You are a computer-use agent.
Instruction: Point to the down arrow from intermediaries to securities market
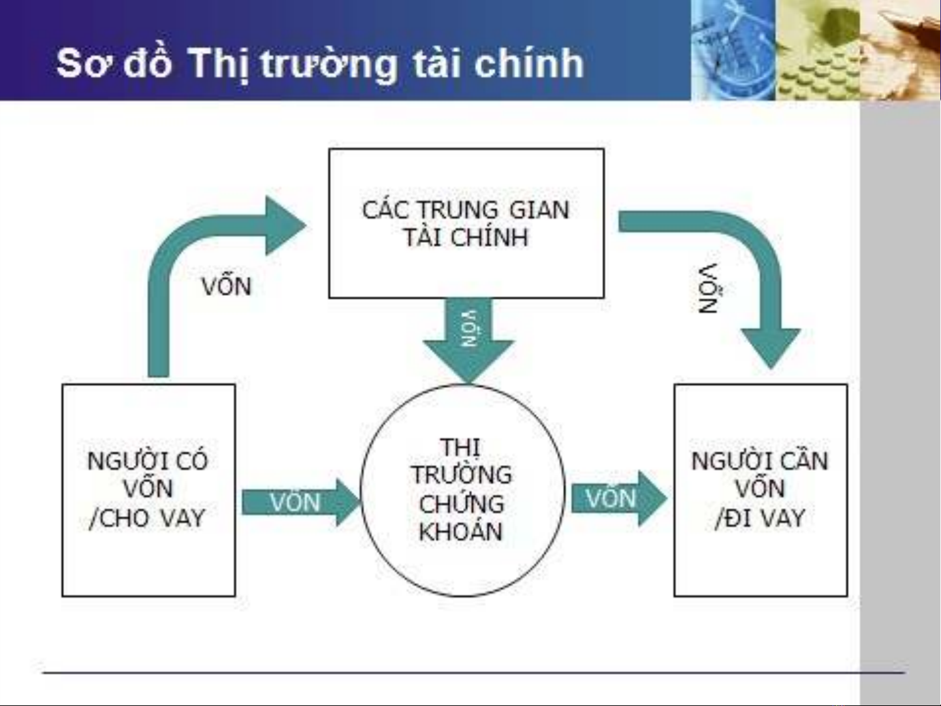[469, 340]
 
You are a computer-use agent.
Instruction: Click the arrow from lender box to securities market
[301, 502]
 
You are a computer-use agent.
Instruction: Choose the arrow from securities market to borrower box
[620, 498]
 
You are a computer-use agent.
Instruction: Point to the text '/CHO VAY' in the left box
[147, 519]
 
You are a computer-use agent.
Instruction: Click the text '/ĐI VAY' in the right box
[760, 519]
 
